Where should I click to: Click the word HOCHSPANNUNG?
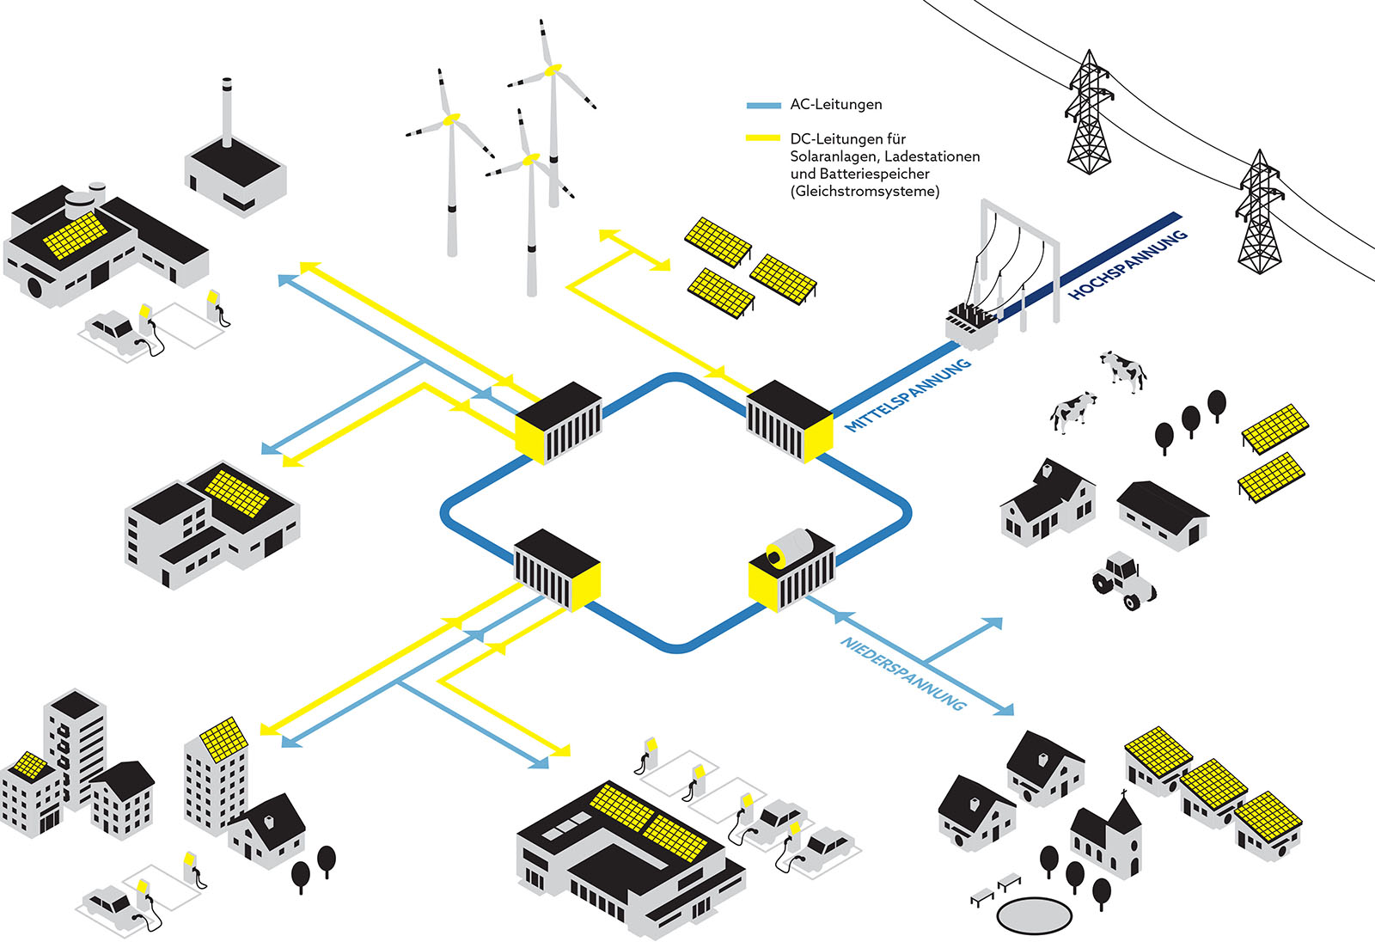tap(1127, 265)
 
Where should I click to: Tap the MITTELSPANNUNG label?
tap(907, 395)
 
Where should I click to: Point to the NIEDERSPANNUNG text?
tap(902, 673)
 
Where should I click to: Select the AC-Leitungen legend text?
tap(835, 105)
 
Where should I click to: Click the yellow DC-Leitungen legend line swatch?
tap(762, 138)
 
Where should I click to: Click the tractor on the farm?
tap(1123, 580)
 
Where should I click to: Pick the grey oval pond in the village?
tap(1034, 915)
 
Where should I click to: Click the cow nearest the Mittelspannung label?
tap(1072, 411)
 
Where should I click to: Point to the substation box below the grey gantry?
tap(971, 325)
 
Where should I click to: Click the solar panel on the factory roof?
tap(76, 235)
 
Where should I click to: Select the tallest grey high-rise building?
tap(76, 748)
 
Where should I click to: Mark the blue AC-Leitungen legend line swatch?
tap(762, 105)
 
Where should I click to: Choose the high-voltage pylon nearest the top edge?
tap(1089, 112)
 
